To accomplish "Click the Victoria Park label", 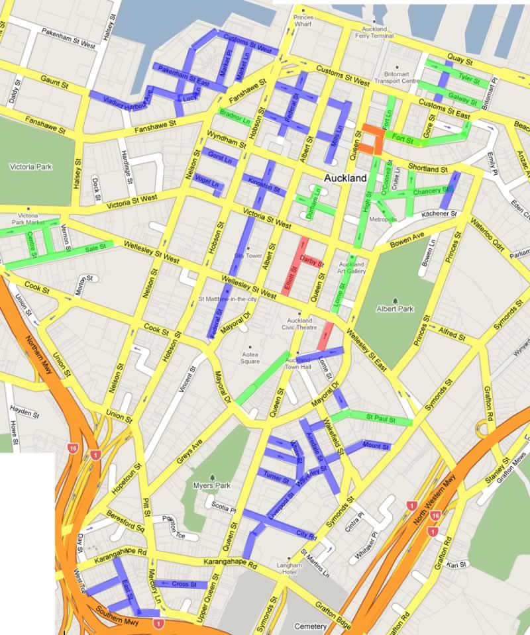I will [30, 167].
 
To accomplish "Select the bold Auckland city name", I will [345, 179].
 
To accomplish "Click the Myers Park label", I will [213, 485].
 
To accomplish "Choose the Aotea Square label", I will [250, 356].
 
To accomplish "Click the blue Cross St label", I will [181, 584].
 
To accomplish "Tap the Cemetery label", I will [311, 626].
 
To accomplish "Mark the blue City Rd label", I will [305, 534].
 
